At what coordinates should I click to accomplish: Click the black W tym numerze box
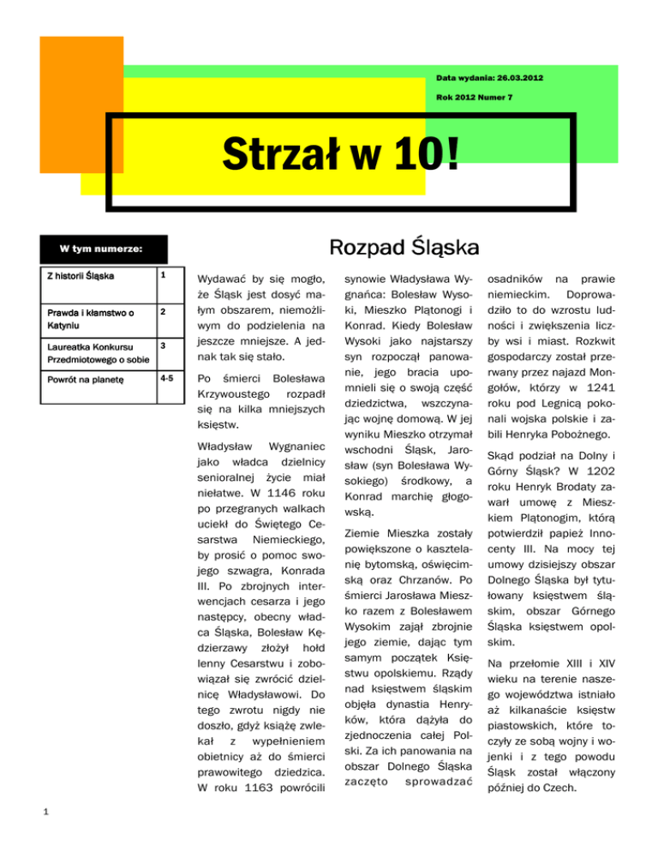point(101,250)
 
